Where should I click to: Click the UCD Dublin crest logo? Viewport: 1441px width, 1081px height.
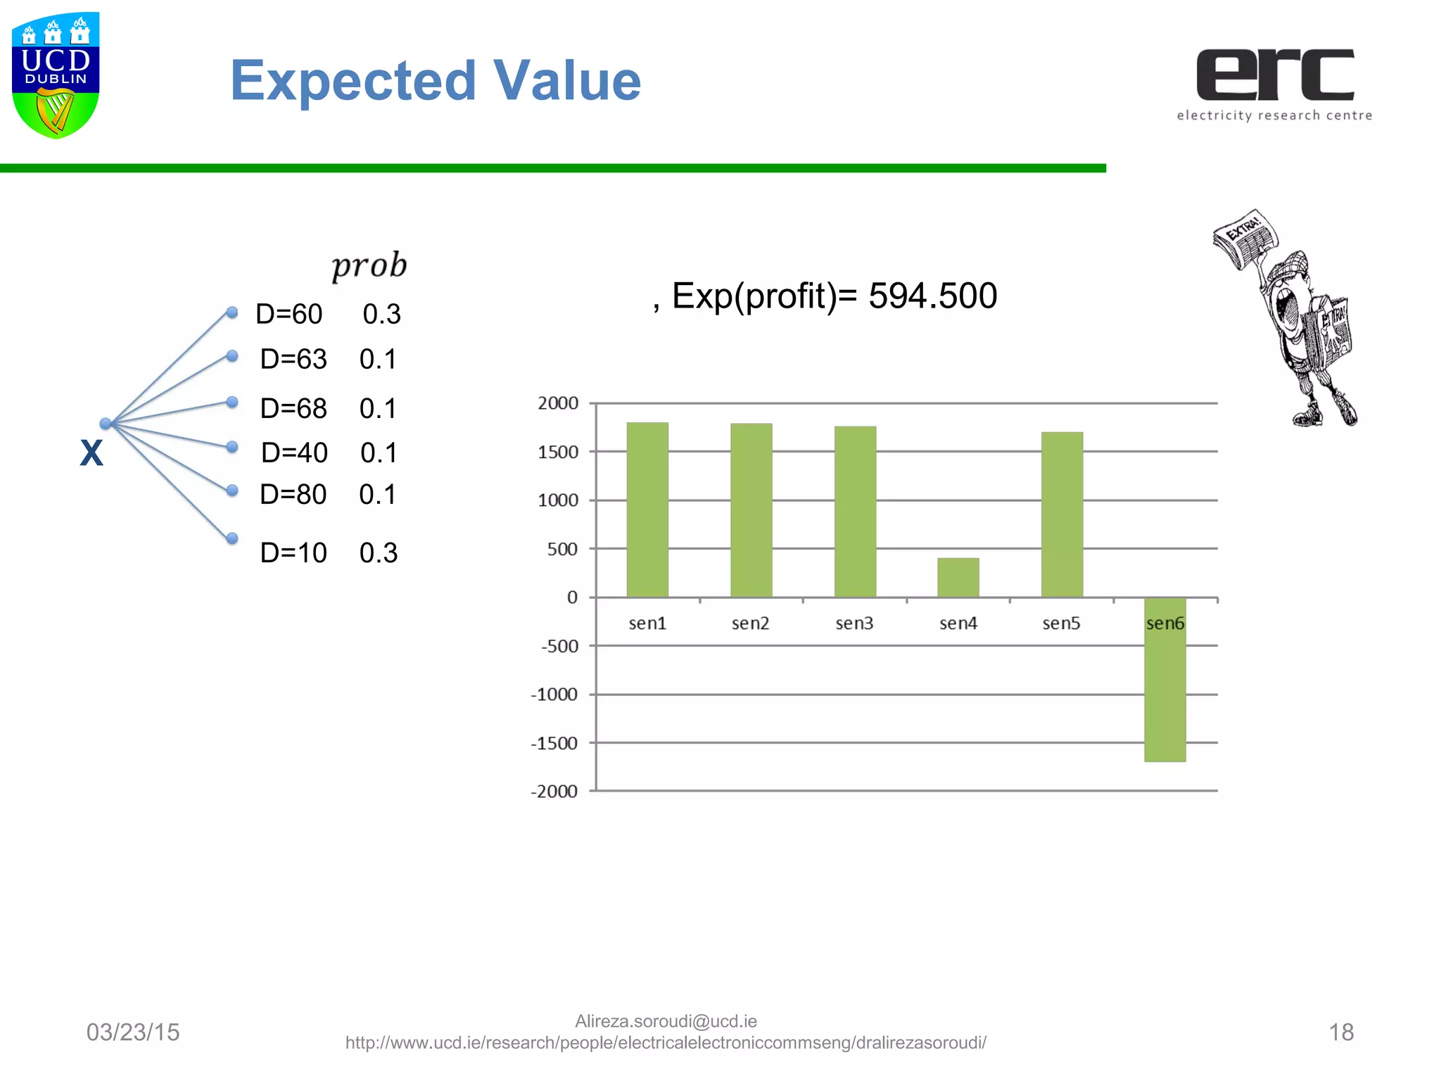pos(56,75)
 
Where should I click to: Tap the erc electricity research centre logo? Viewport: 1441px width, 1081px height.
pos(1274,84)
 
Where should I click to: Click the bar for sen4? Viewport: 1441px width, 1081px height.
pos(958,577)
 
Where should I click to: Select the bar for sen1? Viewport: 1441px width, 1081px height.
pos(647,510)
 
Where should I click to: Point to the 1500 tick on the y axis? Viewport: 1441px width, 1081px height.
pos(558,452)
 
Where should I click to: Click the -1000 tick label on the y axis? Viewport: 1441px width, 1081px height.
pos(554,695)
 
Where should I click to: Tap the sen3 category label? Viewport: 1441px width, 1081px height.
pos(854,624)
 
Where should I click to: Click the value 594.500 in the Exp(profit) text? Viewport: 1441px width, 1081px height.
pos(932,296)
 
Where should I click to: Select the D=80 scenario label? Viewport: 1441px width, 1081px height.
pos(293,495)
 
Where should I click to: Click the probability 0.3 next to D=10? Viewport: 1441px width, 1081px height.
pos(379,553)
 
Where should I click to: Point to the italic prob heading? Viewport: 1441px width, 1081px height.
pos(369,266)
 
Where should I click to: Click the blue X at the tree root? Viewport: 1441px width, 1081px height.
pos(91,453)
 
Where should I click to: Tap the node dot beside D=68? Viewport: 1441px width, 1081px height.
pos(232,402)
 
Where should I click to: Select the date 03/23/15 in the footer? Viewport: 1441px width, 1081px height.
pos(133,1032)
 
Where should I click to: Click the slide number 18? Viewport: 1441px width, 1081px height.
pos(1341,1032)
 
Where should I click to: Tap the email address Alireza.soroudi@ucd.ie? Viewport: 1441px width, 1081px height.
pos(666,1021)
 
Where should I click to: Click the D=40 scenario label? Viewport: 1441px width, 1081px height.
pos(294,453)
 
